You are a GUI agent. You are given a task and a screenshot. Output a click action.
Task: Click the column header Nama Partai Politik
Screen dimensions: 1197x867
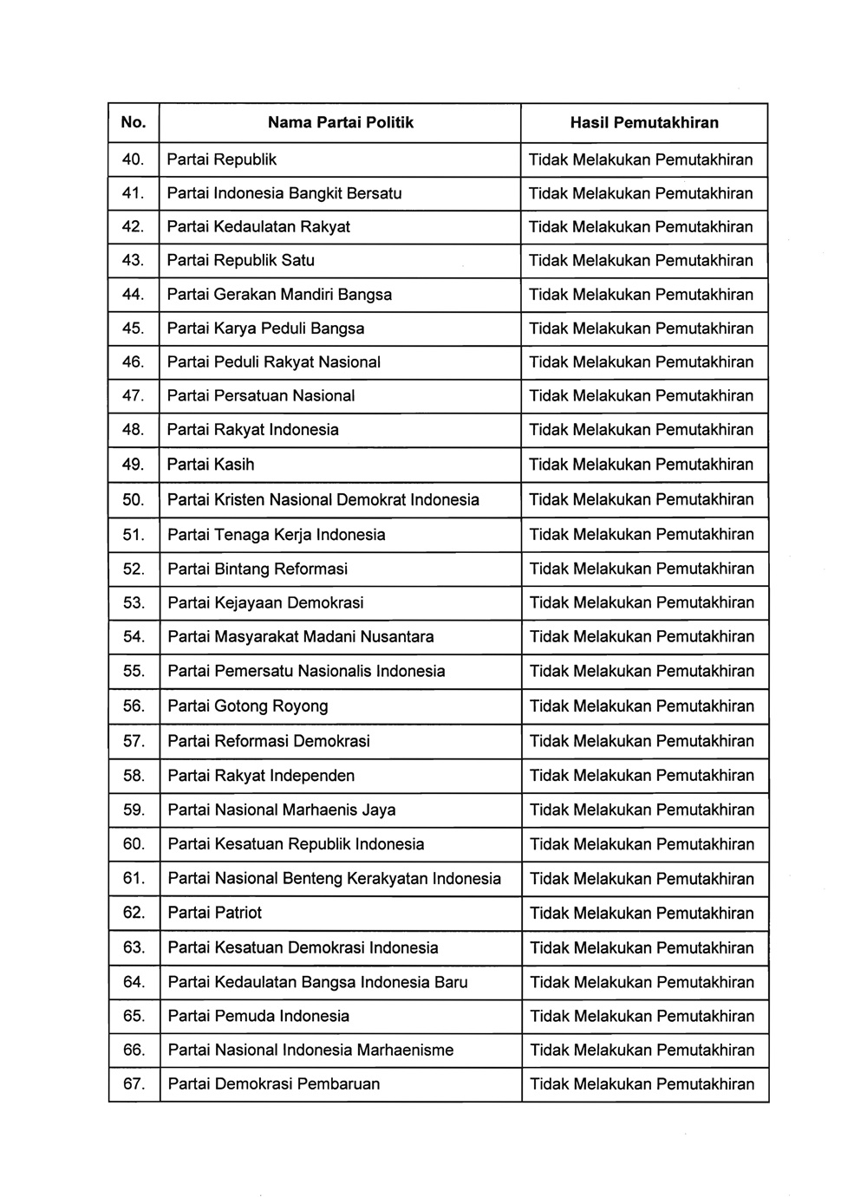[340, 123]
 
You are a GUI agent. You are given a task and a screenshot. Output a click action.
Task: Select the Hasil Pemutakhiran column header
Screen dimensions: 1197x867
[644, 123]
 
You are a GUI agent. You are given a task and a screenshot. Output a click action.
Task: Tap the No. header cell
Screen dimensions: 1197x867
[134, 123]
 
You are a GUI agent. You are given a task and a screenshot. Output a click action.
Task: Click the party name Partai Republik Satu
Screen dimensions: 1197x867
[240, 260]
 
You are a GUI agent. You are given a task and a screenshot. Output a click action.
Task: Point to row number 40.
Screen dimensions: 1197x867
[133, 159]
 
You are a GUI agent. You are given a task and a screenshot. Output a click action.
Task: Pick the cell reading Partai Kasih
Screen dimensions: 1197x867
[211, 465]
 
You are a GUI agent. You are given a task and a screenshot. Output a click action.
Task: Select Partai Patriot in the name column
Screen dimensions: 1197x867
[214, 913]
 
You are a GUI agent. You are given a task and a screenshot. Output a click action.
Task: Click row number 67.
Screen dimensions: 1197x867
[134, 1083]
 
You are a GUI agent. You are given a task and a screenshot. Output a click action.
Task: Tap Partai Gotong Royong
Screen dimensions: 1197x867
[248, 706]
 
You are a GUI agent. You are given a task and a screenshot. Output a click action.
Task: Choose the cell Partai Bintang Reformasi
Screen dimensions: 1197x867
[257, 569]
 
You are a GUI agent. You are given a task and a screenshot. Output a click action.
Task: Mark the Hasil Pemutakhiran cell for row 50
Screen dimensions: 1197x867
[642, 499]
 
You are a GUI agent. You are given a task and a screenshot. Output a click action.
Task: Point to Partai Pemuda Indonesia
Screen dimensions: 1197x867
[258, 1016]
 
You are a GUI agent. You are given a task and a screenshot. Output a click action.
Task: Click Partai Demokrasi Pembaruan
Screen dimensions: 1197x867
[274, 1083]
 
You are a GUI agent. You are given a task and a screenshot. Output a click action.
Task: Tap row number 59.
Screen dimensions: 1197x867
[134, 810]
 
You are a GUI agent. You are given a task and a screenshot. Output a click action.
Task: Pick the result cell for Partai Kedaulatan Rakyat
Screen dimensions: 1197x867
[641, 227]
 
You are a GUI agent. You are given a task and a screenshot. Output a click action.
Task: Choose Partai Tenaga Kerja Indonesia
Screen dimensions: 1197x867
[277, 535]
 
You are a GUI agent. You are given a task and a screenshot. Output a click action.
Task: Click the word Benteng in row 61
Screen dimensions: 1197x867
[312, 879]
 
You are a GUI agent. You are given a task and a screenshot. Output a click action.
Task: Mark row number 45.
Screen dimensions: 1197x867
[133, 329]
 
